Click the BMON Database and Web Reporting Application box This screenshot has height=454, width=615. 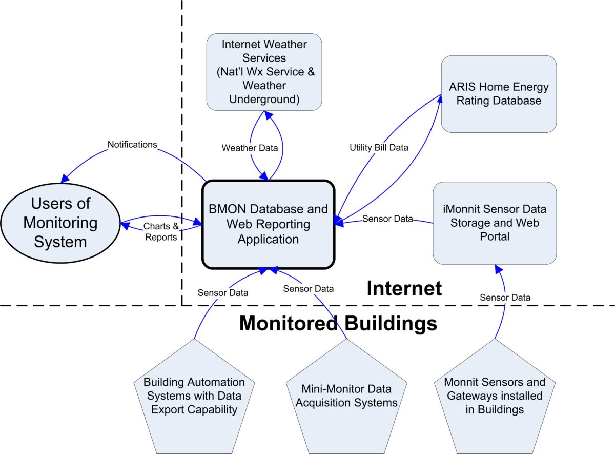click(x=268, y=224)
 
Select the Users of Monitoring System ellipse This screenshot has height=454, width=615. click(x=60, y=223)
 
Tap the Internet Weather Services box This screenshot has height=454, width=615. click(x=264, y=71)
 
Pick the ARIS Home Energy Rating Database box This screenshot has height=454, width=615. click(x=499, y=94)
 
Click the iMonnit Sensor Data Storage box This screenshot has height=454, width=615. click(x=495, y=223)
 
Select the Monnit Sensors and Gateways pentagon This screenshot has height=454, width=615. click(x=495, y=396)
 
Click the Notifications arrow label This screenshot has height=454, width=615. click(x=132, y=145)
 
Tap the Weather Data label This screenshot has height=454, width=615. click(x=250, y=148)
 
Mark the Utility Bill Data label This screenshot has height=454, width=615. click(x=379, y=148)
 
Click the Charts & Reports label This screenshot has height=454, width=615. click(x=161, y=231)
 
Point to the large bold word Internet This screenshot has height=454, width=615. click(x=404, y=288)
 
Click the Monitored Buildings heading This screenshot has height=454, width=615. click(x=338, y=324)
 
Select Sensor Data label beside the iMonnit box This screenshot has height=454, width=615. click(x=387, y=219)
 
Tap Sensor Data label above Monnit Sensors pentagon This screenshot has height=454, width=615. click(x=505, y=297)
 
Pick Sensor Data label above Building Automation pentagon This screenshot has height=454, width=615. click(x=223, y=293)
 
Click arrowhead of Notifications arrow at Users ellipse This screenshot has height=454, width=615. click(x=64, y=179)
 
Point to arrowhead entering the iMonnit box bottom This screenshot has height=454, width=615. click(x=496, y=268)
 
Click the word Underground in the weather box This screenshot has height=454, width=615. click(x=264, y=98)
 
